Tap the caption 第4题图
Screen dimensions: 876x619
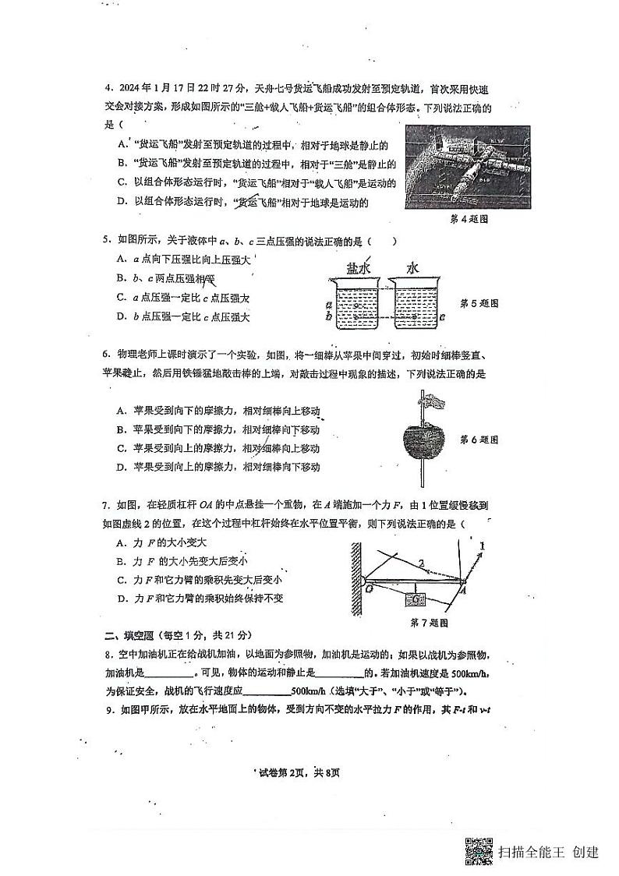[x=469, y=219]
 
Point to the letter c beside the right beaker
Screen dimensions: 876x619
[x=442, y=317]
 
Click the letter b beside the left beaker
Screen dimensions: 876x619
[x=331, y=316]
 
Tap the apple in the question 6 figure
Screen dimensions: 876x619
[x=423, y=442]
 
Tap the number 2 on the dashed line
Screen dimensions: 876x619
[x=421, y=562]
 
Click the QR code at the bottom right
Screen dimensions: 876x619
[x=479, y=851]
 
